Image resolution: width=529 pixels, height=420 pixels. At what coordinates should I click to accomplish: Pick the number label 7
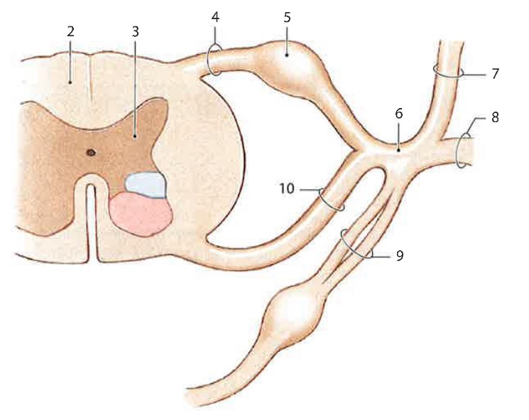coord(496,73)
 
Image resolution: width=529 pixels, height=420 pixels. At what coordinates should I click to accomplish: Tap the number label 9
coord(400,256)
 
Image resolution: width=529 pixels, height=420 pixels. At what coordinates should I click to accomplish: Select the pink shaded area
coord(141,214)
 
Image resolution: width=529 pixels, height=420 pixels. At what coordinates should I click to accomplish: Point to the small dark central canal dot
coord(90,151)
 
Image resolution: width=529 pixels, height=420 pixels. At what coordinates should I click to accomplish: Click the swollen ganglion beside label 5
coord(293,65)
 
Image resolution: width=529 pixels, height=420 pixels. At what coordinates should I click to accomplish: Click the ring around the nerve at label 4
coord(214,60)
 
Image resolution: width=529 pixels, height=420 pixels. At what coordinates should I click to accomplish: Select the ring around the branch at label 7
coord(449,71)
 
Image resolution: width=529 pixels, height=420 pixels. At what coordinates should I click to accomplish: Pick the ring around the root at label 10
coord(332,199)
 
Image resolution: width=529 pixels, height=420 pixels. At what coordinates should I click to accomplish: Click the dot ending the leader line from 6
coord(399,149)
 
